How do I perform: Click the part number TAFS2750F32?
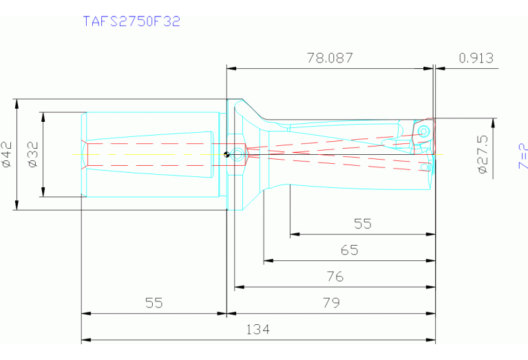point(131,21)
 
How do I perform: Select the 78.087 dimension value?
point(329,58)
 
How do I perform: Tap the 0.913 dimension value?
point(476,58)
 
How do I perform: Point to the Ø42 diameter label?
point(7,154)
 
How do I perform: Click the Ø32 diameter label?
point(32,154)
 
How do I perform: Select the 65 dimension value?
point(349,250)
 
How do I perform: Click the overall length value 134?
point(258,330)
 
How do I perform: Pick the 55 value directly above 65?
point(362,224)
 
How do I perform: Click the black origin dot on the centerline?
point(226,154)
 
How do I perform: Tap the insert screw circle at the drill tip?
point(424,130)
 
